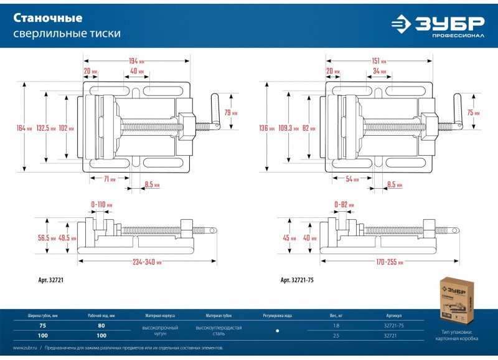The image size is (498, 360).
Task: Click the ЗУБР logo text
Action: (x=450, y=23)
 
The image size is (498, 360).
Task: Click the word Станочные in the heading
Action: (x=39, y=17)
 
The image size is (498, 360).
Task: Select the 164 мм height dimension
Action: (x=24, y=128)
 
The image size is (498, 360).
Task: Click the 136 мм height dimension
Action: (x=266, y=128)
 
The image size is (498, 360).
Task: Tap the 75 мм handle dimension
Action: (x=474, y=113)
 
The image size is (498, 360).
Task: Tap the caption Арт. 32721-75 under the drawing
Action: (x=298, y=280)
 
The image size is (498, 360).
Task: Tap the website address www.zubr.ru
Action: (x=22, y=348)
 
